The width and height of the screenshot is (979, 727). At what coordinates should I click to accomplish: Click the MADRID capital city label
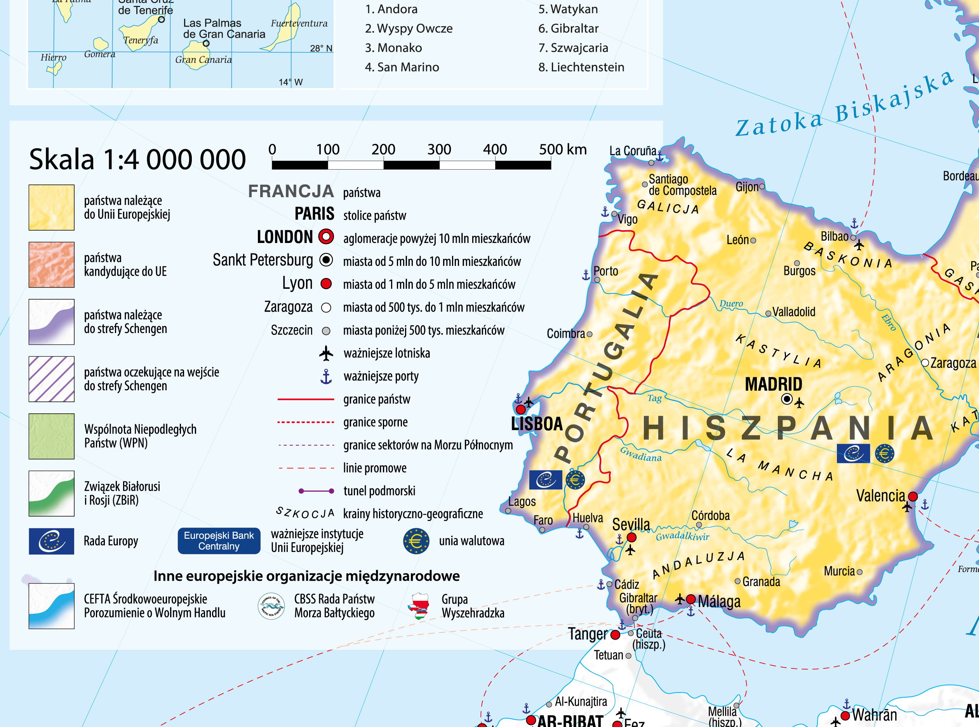pyautogui.click(x=774, y=384)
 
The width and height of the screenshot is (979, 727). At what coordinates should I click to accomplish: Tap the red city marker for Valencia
pyautogui.click(x=913, y=496)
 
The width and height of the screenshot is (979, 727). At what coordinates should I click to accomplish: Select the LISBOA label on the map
pyautogui.click(x=537, y=424)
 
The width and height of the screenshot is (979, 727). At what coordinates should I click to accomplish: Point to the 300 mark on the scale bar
pyautogui.click(x=439, y=149)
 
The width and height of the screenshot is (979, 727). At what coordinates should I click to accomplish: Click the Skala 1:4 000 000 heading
pyautogui.click(x=137, y=159)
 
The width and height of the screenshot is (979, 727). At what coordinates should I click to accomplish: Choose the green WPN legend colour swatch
pyautogui.click(x=52, y=436)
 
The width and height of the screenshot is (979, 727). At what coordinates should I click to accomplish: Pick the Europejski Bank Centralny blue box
pyautogui.click(x=219, y=541)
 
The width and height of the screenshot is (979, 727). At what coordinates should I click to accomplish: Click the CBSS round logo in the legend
pyautogui.click(x=271, y=606)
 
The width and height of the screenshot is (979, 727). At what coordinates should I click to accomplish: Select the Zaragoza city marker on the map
pyautogui.click(x=925, y=363)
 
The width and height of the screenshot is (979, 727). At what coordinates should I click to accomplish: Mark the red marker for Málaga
pyautogui.click(x=691, y=599)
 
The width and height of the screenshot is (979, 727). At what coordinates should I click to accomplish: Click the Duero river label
pyautogui.click(x=731, y=304)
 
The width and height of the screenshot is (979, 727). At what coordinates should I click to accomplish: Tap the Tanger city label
pyautogui.click(x=587, y=634)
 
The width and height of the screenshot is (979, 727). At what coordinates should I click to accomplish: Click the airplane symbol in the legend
pyautogui.click(x=326, y=353)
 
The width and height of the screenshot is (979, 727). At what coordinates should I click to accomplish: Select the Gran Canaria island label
pyautogui.click(x=203, y=60)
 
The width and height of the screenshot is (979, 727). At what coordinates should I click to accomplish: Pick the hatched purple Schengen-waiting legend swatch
pyautogui.click(x=52, y=379)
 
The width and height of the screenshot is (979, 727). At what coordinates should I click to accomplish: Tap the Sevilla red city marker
pyautogui.click(x=631, y=537)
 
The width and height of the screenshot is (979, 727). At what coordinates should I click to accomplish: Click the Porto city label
pyautogui.click(x=606, y=271)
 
